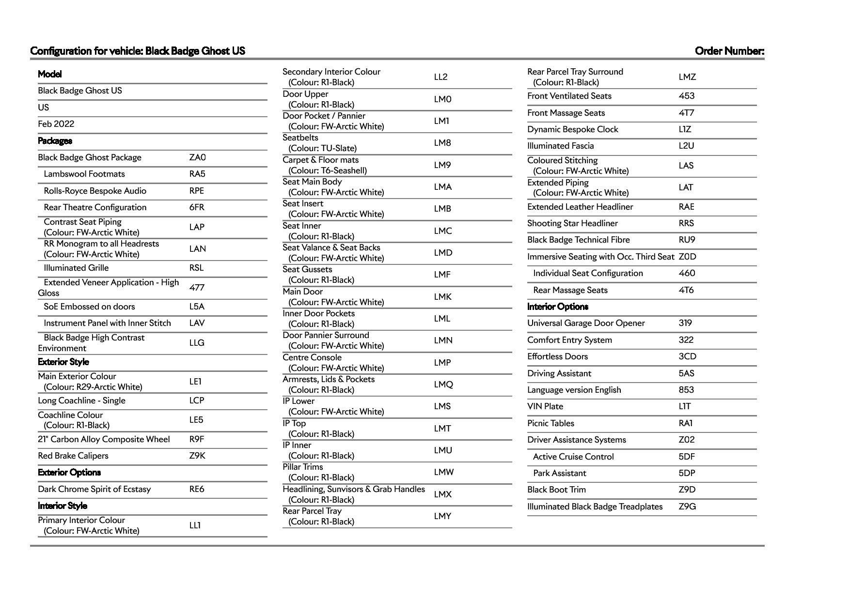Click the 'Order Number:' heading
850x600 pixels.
pyautogui.click(x=729, y=51)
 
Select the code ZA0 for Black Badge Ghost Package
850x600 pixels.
pyautogui.click(x=197, y=157)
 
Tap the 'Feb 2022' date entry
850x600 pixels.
pyautogui.click(x=56, y=124)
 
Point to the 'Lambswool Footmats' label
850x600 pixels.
pyautogui.click(x=84, y=174)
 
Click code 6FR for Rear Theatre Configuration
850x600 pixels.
pyautogui.click(x=197, y=207)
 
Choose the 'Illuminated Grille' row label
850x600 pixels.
pyautogui.click(x=76, y=268)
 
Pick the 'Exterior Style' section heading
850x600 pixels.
pyautogui.click(x=63, y=362)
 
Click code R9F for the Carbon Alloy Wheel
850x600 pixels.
pyautogui.click(x=197, y=439)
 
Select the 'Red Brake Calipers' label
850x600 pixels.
pyautogui.click(x=73, y=456)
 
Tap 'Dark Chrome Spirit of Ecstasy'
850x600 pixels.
pyautogui.click(x=94, y=489)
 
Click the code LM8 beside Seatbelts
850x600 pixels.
pyautogui.click(x=442, y=143)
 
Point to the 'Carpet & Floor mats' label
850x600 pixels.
pyautogui.click(x=321, y=160)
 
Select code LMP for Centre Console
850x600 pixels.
pyautogui.click(x=442, y=363)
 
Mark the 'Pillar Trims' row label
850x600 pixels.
pyautogui.click(x=303, y=467)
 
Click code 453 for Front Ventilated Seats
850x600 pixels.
pyautogui.click(x=687, y=96)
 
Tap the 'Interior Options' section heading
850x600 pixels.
pyautogui.click(x=558, y=307)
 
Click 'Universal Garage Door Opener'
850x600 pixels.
pyautogui.click(x=586, y=323)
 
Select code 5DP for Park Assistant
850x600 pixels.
pyautogui.click(x=687, y=473)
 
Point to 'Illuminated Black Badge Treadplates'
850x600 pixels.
pyautogui.click(x=595, y=507)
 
